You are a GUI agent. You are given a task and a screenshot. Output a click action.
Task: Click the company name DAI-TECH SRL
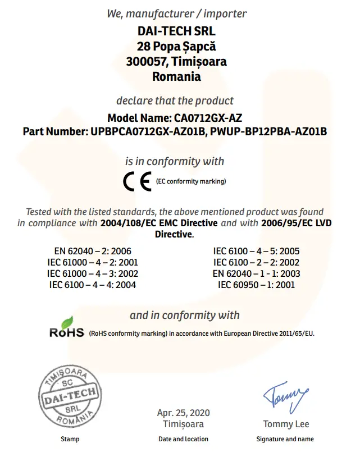click(176, 31)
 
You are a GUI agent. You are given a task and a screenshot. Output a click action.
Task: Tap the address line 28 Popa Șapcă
click(176, 46)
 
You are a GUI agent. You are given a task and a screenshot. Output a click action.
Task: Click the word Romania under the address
click(176, 77)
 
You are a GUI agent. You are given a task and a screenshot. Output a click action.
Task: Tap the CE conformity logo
click(137, 182)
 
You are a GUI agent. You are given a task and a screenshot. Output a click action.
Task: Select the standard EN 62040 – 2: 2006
click(93, 251)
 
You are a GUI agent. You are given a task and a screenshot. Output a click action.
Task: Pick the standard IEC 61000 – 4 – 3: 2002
click(93, 273)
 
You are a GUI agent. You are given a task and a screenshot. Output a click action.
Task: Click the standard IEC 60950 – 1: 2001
click(256, 285)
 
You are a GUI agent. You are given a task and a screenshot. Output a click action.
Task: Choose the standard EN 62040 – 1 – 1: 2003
click(256, 273)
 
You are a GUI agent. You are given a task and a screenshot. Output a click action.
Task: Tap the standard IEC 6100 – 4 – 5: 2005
click(256, 251)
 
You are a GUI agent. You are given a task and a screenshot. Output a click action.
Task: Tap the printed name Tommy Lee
click(286, 424)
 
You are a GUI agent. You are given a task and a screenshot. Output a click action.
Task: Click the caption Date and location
click(183, 439)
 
